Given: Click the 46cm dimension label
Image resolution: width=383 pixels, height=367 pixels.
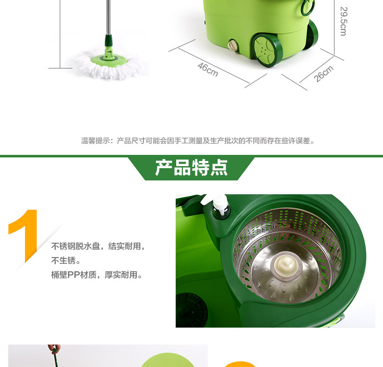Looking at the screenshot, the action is pos(208,70).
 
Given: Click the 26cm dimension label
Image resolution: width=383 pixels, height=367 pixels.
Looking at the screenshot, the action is pos(324,74).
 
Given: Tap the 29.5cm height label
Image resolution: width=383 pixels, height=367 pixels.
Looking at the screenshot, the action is pos(343,21).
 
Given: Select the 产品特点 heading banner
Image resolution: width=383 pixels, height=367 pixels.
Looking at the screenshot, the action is pos(192,168).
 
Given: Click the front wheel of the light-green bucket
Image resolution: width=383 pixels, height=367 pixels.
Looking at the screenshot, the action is pos(267,51).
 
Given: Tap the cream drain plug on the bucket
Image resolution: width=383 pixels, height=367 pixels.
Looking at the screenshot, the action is pos(232,45).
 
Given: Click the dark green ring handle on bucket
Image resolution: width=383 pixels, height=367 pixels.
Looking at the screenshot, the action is pos(307,7).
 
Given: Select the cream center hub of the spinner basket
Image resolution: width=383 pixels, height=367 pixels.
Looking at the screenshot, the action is pos(285,265).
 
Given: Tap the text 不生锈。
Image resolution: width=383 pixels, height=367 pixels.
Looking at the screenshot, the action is pos(66,260).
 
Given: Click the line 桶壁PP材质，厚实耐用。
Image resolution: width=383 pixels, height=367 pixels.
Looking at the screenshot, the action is pos(97,275).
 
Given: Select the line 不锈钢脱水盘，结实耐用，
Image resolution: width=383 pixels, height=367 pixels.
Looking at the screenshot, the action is pos(98,246).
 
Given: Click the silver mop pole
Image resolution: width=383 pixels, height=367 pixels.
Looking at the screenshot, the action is pos(108,17).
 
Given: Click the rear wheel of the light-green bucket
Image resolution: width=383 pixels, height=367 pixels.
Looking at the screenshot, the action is pos(311,34).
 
